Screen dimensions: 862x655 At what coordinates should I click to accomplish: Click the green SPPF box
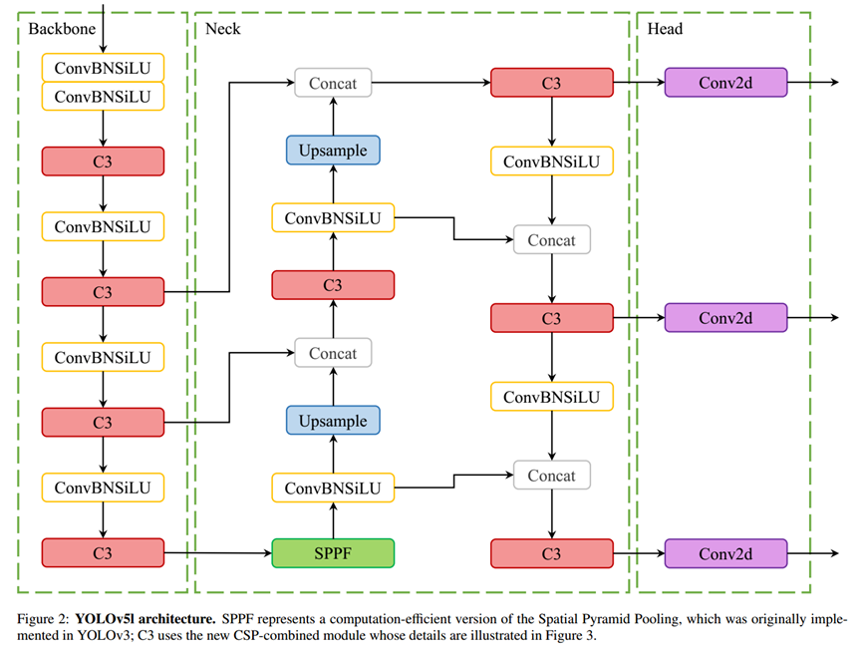333,553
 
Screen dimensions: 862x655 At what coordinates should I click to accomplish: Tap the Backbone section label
62,29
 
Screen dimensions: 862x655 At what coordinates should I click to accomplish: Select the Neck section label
222,29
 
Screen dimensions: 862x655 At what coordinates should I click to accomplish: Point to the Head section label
665,29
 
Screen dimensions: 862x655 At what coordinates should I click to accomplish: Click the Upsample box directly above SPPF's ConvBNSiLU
333,421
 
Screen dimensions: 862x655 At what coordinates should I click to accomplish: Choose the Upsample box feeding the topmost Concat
333,151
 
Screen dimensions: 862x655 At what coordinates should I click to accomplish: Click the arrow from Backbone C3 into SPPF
218,553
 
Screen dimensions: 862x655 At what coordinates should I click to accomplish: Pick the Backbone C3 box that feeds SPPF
103,553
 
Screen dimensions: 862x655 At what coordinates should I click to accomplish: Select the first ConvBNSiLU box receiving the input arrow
103,68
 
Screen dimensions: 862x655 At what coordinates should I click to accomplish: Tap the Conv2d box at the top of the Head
725,83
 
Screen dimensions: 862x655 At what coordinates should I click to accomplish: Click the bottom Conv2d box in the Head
725,553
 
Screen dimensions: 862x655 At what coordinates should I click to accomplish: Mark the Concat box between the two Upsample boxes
333,353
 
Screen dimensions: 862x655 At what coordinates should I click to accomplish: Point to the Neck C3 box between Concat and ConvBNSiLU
333,285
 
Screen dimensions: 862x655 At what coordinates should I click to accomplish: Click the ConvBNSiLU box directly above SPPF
333,488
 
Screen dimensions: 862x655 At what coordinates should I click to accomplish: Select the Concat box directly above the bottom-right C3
552,476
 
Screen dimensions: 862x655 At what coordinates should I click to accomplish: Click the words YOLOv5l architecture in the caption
145,619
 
